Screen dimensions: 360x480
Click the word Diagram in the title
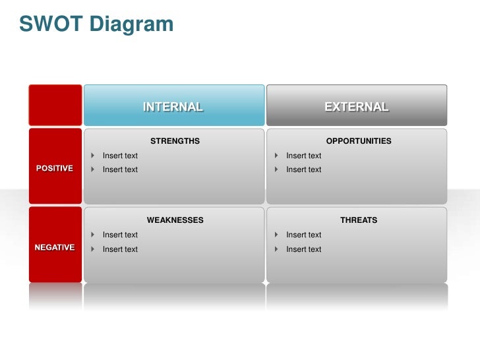(131, 24)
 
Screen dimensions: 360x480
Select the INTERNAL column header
(173, 106)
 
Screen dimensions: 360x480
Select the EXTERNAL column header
(357, 106)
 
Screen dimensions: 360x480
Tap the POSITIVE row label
(55, 168)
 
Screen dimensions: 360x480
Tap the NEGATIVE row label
(55, 247)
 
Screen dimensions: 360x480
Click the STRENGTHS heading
(175, 141)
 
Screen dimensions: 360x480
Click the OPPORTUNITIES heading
(359, 141)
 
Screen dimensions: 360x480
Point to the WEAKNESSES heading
(175, 220)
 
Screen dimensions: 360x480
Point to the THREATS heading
(359, 220)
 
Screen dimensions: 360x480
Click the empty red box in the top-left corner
(55, 105)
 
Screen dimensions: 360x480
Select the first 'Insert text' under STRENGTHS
(120, 156)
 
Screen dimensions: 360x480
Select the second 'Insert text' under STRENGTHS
(120, 169)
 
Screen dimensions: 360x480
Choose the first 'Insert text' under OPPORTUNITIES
(303, 156)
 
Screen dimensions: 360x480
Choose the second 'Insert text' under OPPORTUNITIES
(303, 169)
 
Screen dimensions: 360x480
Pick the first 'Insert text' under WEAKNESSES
(120, 235)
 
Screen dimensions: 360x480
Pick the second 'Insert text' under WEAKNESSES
(120, 249)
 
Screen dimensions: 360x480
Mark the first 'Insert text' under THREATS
(303, 235)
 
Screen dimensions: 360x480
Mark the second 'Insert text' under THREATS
(303, 249)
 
